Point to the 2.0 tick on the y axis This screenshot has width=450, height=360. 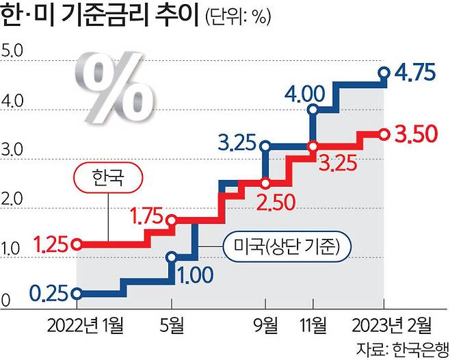pos(13,200)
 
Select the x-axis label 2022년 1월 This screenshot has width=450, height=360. pos(81,324)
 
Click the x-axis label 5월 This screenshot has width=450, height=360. pos(172,324)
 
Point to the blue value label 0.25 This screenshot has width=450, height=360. pos(49,294)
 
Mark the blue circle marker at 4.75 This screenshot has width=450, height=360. pos(384,72)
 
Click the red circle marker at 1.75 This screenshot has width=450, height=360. pos(172,220)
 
